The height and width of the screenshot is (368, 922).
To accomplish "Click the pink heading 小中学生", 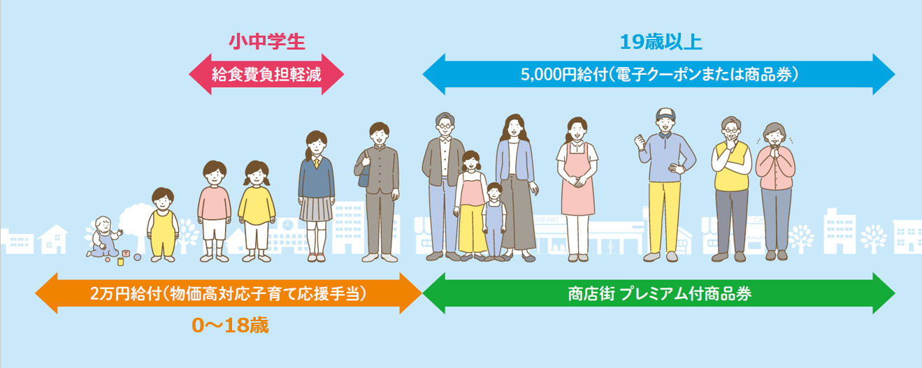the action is tap(267, 42).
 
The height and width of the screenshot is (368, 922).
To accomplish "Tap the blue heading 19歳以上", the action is tap(661, 42).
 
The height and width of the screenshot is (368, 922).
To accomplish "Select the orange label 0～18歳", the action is tap(230, 325).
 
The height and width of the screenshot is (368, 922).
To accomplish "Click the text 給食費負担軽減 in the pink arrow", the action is tap(266, 75).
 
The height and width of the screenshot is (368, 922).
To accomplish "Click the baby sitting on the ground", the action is tap(104, 237).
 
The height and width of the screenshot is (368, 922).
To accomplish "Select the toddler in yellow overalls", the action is tap(163, 224).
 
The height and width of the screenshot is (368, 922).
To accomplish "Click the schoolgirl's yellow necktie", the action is tap(317, 163).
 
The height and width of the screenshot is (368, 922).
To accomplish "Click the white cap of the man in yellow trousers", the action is tap(665, 114).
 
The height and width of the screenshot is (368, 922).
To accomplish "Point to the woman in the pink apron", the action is tap(577, 189).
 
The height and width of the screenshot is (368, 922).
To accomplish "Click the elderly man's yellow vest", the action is tap(731, 166).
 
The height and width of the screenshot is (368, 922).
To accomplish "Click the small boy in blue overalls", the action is tap(494, 222).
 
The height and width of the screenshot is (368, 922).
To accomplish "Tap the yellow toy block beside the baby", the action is tap(121, 261).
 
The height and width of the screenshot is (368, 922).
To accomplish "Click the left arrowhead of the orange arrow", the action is tap(46, 293).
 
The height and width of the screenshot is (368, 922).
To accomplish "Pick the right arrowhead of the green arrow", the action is tap(884, 293).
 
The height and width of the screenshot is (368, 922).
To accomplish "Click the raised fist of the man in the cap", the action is tap(640, 142).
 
